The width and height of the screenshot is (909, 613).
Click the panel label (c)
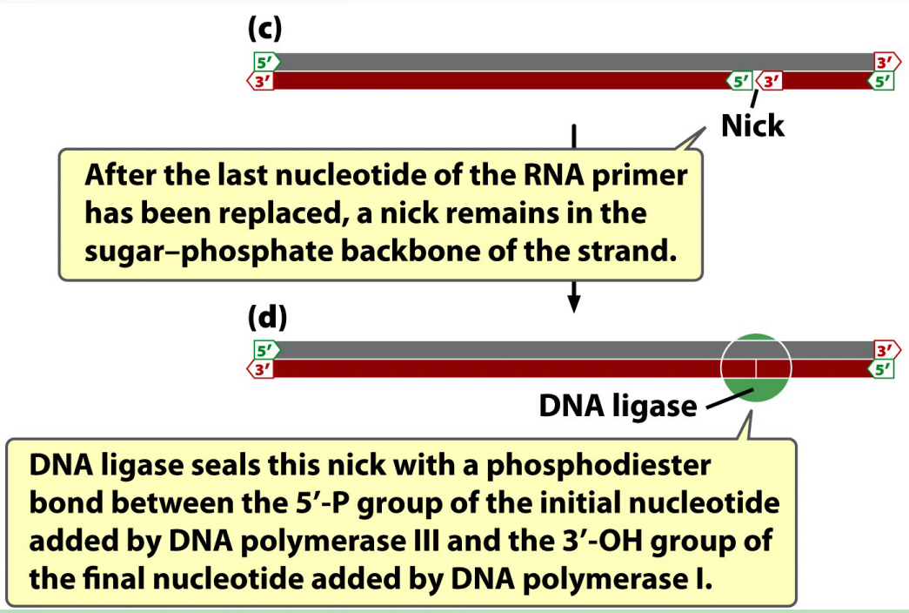(264, 28)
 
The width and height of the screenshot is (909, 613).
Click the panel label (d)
(266, 317)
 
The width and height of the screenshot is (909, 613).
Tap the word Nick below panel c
(752, 125)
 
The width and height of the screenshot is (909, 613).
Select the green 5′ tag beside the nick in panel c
(739, 81)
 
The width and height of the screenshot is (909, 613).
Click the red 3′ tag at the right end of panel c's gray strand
(885, 63)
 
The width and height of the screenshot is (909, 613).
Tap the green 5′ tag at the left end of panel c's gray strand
(264, 63)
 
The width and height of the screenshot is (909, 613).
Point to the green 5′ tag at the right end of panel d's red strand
(882, 368)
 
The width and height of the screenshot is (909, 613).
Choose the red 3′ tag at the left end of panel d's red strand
(260, 368)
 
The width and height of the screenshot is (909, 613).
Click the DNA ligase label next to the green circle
(618, 406)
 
